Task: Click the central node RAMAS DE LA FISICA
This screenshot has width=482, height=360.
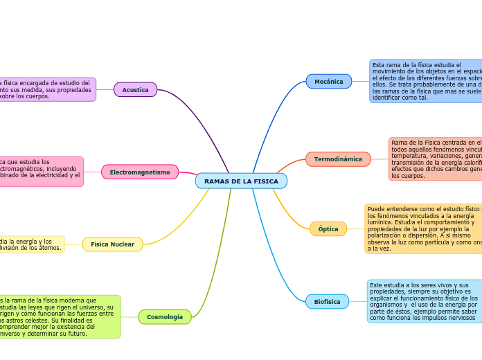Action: (x=241, y=181)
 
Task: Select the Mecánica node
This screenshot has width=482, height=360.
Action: (x=328, y=82)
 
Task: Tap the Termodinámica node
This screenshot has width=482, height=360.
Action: (x=337, y=159)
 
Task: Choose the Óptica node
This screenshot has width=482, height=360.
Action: (x=328, y=229)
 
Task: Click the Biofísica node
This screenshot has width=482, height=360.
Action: (x=327, y=302)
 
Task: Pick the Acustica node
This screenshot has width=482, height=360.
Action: (x=135, y=90)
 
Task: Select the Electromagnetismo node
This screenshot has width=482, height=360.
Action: (x=139, y=172)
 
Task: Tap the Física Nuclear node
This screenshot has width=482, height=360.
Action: (x=112, y=244)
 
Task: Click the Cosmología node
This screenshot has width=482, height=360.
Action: (x=164, y=317)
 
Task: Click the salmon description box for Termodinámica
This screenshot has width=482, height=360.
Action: (x=435, y=159)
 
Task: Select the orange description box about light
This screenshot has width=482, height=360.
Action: (x=423, y=228)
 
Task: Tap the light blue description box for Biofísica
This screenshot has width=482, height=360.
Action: (x=424, y=301)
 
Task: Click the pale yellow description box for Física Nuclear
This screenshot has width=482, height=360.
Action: (x=31, y=244)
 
